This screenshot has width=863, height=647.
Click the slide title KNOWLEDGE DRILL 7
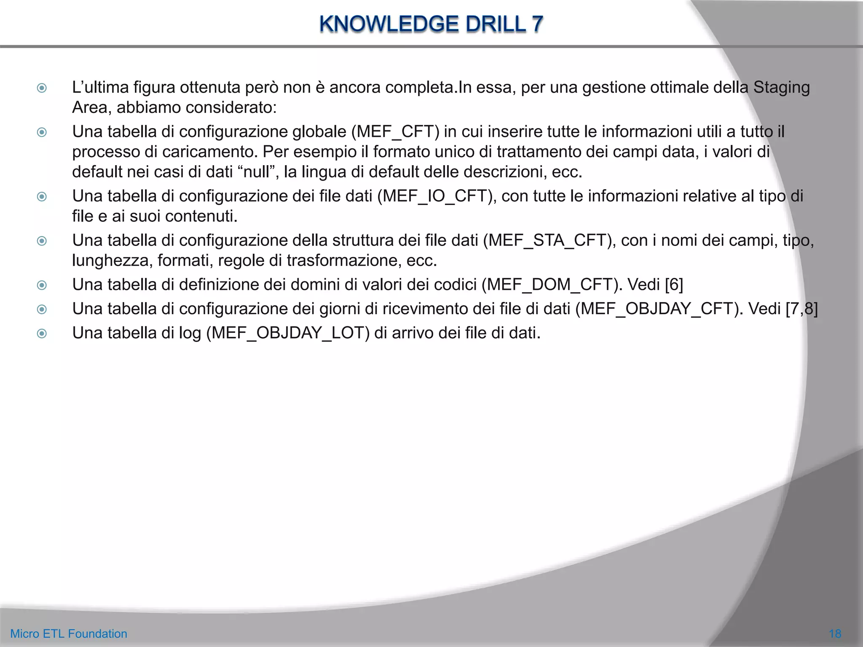click(431, 24)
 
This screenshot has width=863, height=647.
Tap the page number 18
click(835, 634)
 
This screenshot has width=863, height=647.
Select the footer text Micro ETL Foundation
click(69, 634)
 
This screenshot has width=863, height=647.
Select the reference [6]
click(674, 285)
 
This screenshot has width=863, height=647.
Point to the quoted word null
click(257, 172)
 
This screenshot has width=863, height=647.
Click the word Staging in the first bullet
click(781, 88)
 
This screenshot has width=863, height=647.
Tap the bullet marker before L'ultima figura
click(42, 88)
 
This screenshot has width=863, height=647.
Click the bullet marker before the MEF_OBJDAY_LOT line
click(42, 334)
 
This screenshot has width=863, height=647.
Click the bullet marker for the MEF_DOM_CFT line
click(42, 285)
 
